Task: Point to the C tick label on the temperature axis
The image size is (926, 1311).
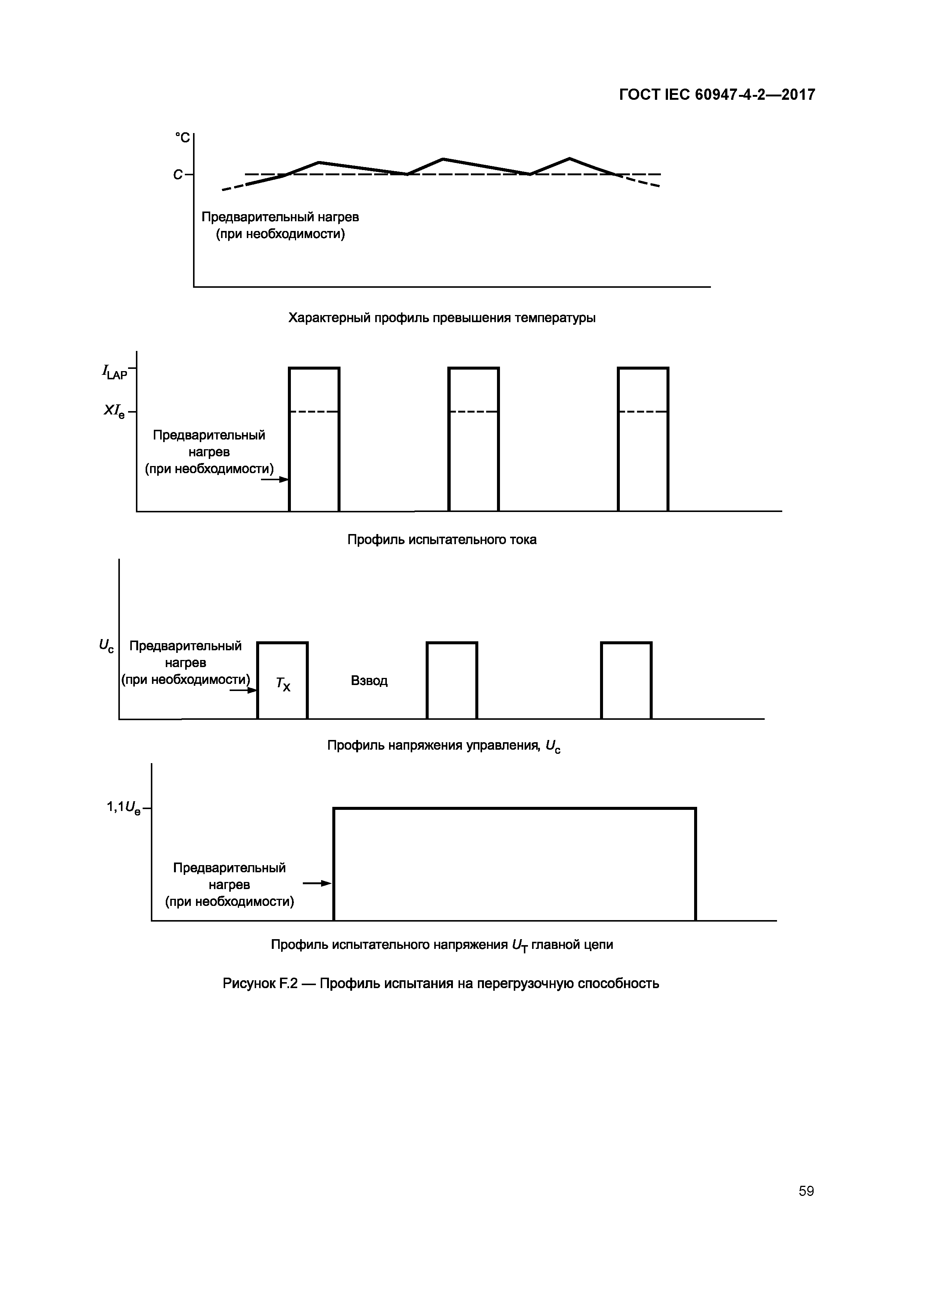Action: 178,175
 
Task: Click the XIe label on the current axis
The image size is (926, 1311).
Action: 114,411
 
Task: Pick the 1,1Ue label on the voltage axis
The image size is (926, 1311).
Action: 123,807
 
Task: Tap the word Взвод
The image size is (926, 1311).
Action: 369,681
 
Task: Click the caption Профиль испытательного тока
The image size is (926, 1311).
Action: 442,540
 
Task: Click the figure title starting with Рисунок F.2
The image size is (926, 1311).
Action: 441,983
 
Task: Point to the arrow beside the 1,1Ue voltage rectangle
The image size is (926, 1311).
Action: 317,884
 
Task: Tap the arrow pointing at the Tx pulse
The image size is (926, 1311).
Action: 243,690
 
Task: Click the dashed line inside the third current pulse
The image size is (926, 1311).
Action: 643,411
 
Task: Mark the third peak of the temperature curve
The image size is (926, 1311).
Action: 569,158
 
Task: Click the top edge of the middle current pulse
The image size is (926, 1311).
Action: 473,368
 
